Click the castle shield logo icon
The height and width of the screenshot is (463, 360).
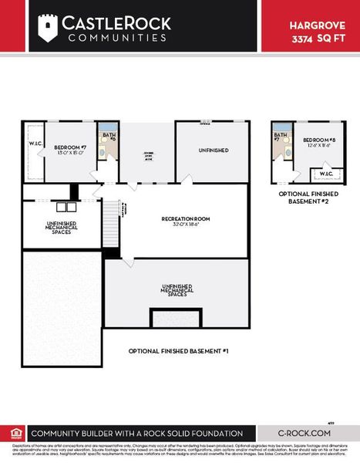(49, 28)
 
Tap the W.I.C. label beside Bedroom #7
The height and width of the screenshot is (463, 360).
(35, 144)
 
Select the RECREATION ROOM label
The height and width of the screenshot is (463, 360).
(183, 219)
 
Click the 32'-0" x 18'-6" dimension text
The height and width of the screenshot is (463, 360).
(183, 225)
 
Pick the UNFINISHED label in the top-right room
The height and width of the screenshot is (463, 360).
(214, 150)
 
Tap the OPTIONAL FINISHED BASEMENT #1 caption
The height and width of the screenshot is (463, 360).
(179, 351)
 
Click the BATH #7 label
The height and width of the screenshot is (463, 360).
(281, 136)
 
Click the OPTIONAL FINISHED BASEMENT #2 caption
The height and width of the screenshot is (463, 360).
(308, 198)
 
